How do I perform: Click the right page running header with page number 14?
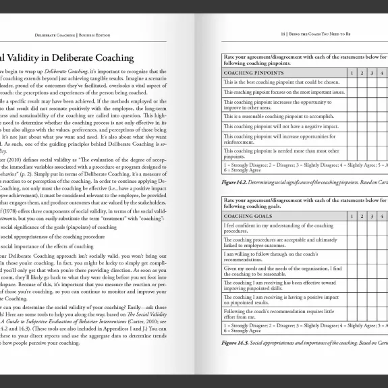(324, 32)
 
